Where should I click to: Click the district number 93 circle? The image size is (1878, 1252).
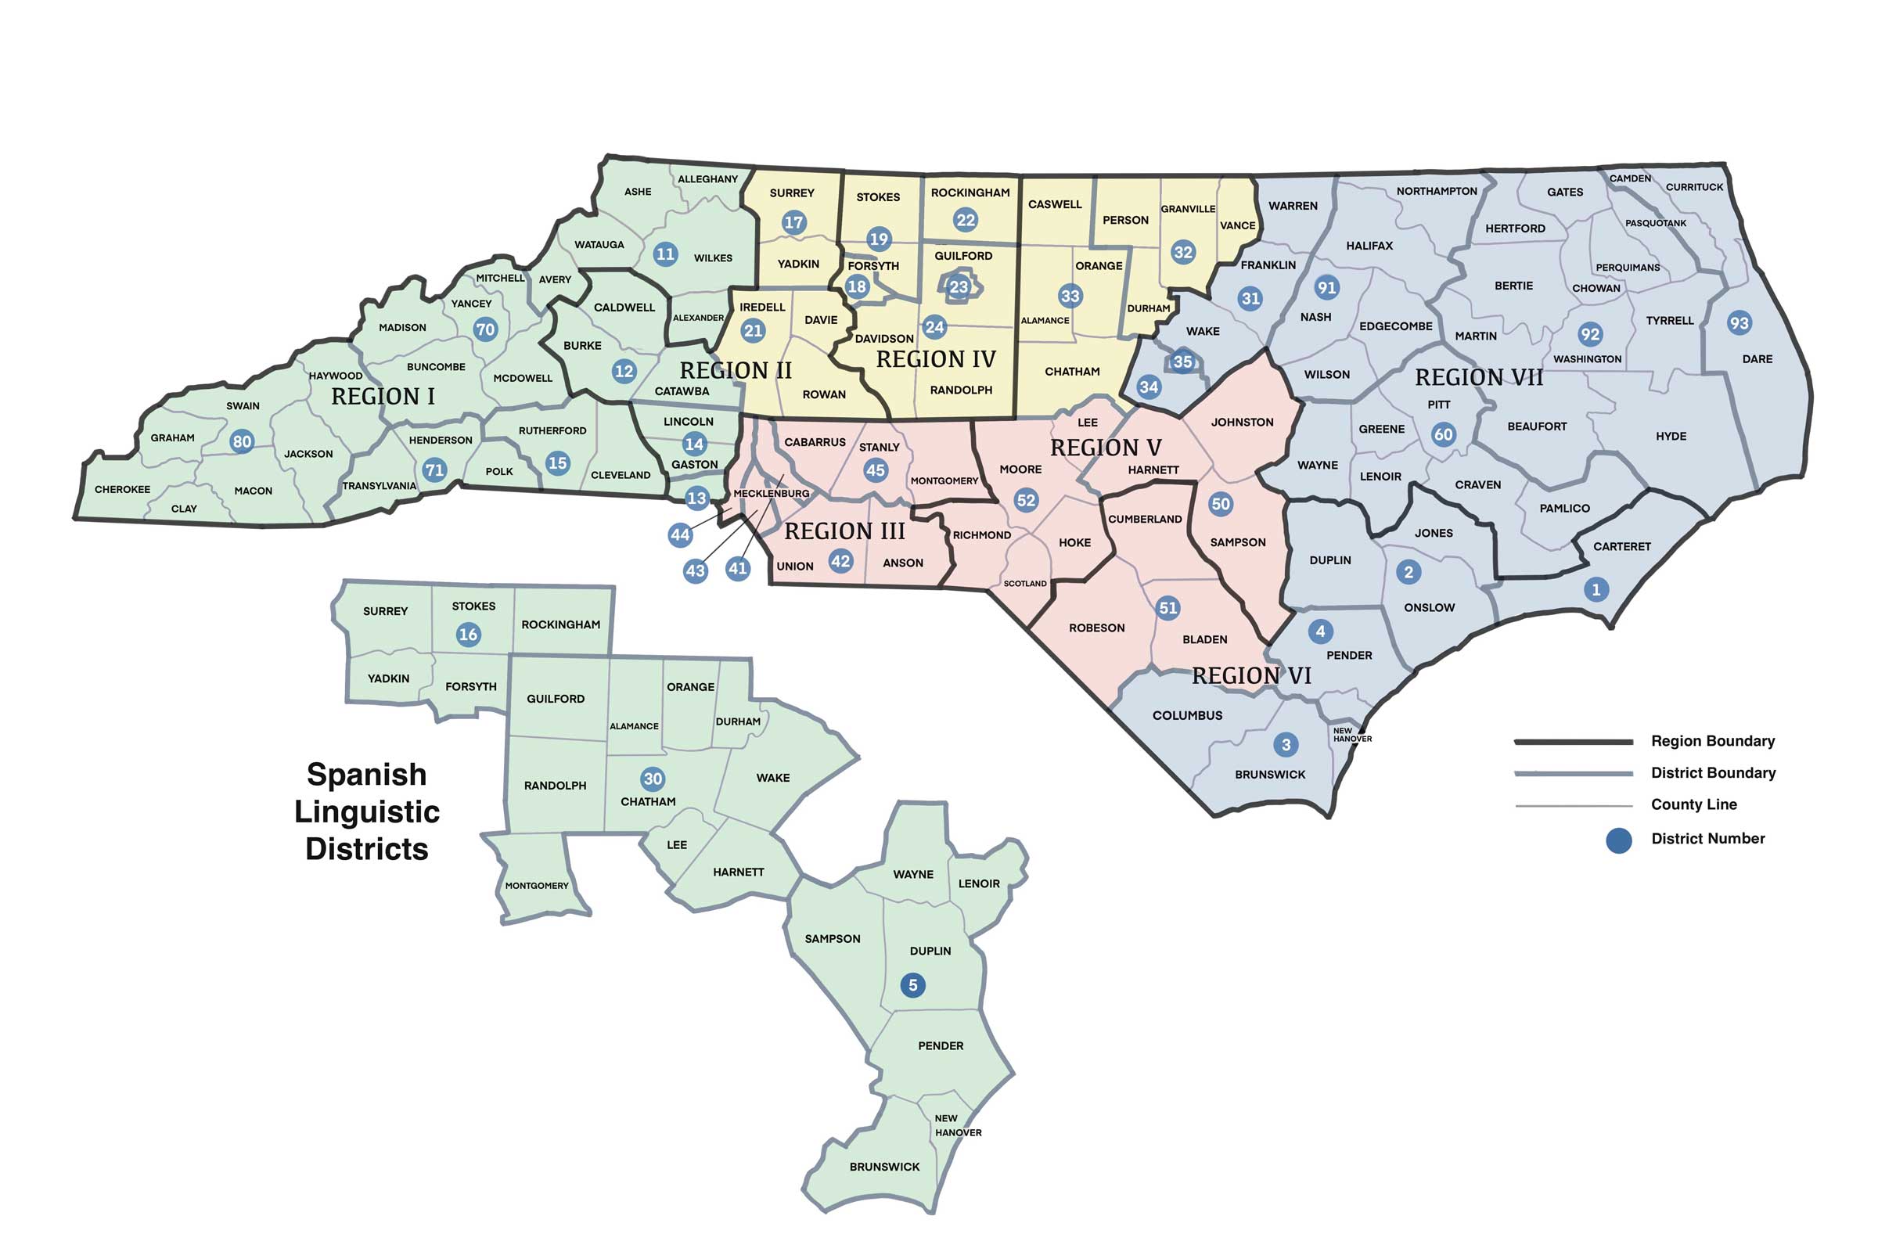point(1738,322)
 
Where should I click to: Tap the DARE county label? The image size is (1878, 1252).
point(1757,359)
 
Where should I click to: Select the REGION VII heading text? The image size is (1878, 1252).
point(1479,378)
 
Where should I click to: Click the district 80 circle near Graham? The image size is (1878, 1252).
point(242,441)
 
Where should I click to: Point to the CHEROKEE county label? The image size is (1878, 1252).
point(122,490)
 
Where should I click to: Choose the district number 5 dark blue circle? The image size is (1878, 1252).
point(912,984)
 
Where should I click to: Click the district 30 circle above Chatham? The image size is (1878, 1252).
point(653,779)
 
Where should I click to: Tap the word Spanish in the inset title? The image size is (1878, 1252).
point(366,775)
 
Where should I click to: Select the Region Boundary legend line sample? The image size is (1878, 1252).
point(1573,742)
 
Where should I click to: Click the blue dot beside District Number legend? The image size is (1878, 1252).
point(1618,840)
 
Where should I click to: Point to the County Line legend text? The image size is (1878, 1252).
point(1693,805)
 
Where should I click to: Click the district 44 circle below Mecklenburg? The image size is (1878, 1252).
point(679,535)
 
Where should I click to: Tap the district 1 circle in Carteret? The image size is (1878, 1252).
point(1596,590)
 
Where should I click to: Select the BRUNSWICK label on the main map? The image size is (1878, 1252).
point(1269,775)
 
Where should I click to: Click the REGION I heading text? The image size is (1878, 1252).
point(383,397)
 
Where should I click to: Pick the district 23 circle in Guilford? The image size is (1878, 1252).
point(958,287)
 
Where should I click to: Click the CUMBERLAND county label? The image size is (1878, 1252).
point(1144,519)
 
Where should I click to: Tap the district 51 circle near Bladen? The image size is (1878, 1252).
point(1167,608)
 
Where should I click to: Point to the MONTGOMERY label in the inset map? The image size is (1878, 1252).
point(537,886)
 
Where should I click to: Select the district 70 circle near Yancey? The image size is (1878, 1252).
point(484,329)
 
